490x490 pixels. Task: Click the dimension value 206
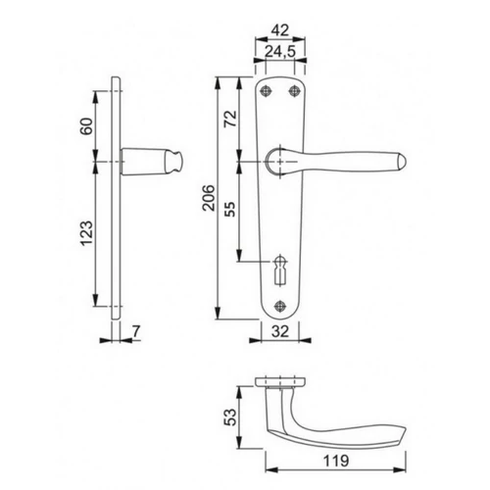(x=209, y=198)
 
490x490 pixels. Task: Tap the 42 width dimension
(x=280, y=30)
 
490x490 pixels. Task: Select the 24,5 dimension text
(x=280, y=51)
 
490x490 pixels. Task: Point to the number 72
(x=230, y=119)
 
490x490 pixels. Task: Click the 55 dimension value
(x=230, y=210)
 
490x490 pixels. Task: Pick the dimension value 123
(x=87, y=233)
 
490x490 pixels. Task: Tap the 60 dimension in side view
(x=87, y=126)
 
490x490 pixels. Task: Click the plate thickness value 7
(x=136, y=331)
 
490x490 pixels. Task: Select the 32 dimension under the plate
(x=280, y=331)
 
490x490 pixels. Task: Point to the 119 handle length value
(x=336, y=461)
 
